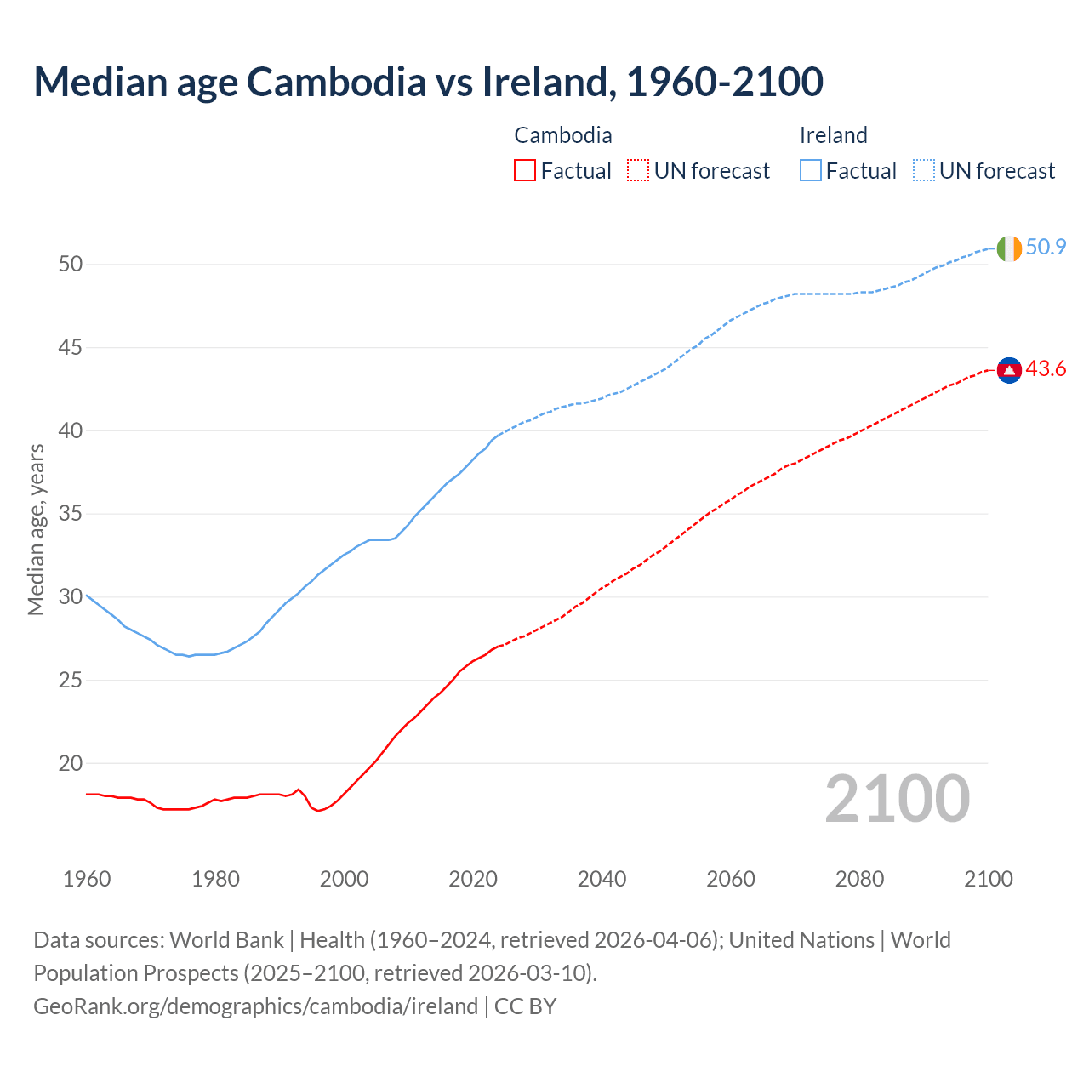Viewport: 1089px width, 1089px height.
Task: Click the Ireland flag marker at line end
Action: coord(1009,248)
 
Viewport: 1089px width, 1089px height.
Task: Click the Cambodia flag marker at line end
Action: coord(1009,370)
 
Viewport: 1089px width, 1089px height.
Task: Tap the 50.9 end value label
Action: coord(1046,248)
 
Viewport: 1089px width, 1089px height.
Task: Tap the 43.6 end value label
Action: coord(1046,369)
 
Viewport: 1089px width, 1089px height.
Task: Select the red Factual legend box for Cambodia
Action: coord(525,171)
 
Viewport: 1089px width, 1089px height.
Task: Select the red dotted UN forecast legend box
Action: coord(638,171)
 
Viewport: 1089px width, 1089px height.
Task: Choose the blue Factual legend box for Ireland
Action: coord(811,171)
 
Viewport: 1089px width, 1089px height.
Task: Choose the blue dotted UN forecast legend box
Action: coord(923,171)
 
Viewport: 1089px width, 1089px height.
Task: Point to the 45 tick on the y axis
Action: coord(71,347)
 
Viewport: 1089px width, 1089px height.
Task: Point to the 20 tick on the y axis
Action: coord(71,763)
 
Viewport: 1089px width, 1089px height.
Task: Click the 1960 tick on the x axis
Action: coord(87,879)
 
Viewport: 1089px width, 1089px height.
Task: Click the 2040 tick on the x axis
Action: coord(602,879)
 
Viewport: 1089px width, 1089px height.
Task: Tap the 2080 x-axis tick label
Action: coord(859,879)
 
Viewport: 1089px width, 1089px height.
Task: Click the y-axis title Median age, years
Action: coord(36,529)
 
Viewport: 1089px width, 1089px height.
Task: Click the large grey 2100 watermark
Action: coord(898,799)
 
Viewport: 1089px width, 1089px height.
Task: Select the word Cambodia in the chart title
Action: coord(336,82)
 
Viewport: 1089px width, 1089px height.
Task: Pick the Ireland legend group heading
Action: coord(833,135)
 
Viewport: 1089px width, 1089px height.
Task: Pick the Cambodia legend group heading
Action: coord(563,135)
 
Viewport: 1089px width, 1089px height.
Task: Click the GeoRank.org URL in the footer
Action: coord(255,1006)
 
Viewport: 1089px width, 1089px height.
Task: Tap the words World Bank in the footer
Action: coord(226,940)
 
